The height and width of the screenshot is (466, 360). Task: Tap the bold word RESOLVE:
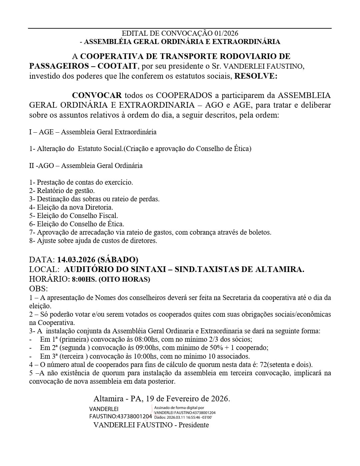[x=256, y=76]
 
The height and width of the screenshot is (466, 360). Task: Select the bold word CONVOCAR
[x=97, y=95]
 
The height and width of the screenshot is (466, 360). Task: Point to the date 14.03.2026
[x=76, y=260]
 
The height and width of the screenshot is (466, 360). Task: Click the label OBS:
[x=38, y=289]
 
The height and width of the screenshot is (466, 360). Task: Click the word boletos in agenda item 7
[x=260, y=232]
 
